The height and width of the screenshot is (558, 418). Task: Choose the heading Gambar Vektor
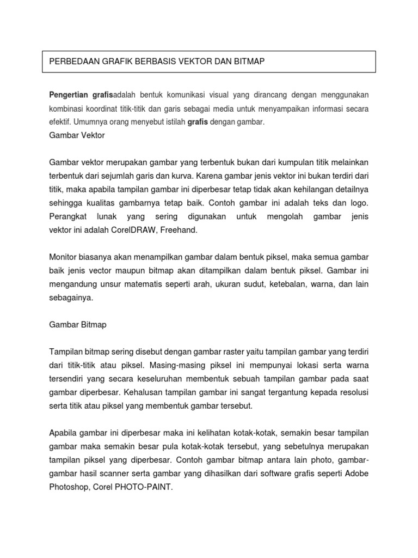77,136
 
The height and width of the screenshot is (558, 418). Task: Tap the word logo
360,203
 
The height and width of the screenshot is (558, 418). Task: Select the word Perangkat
67,216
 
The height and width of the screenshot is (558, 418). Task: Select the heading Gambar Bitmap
78,324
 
